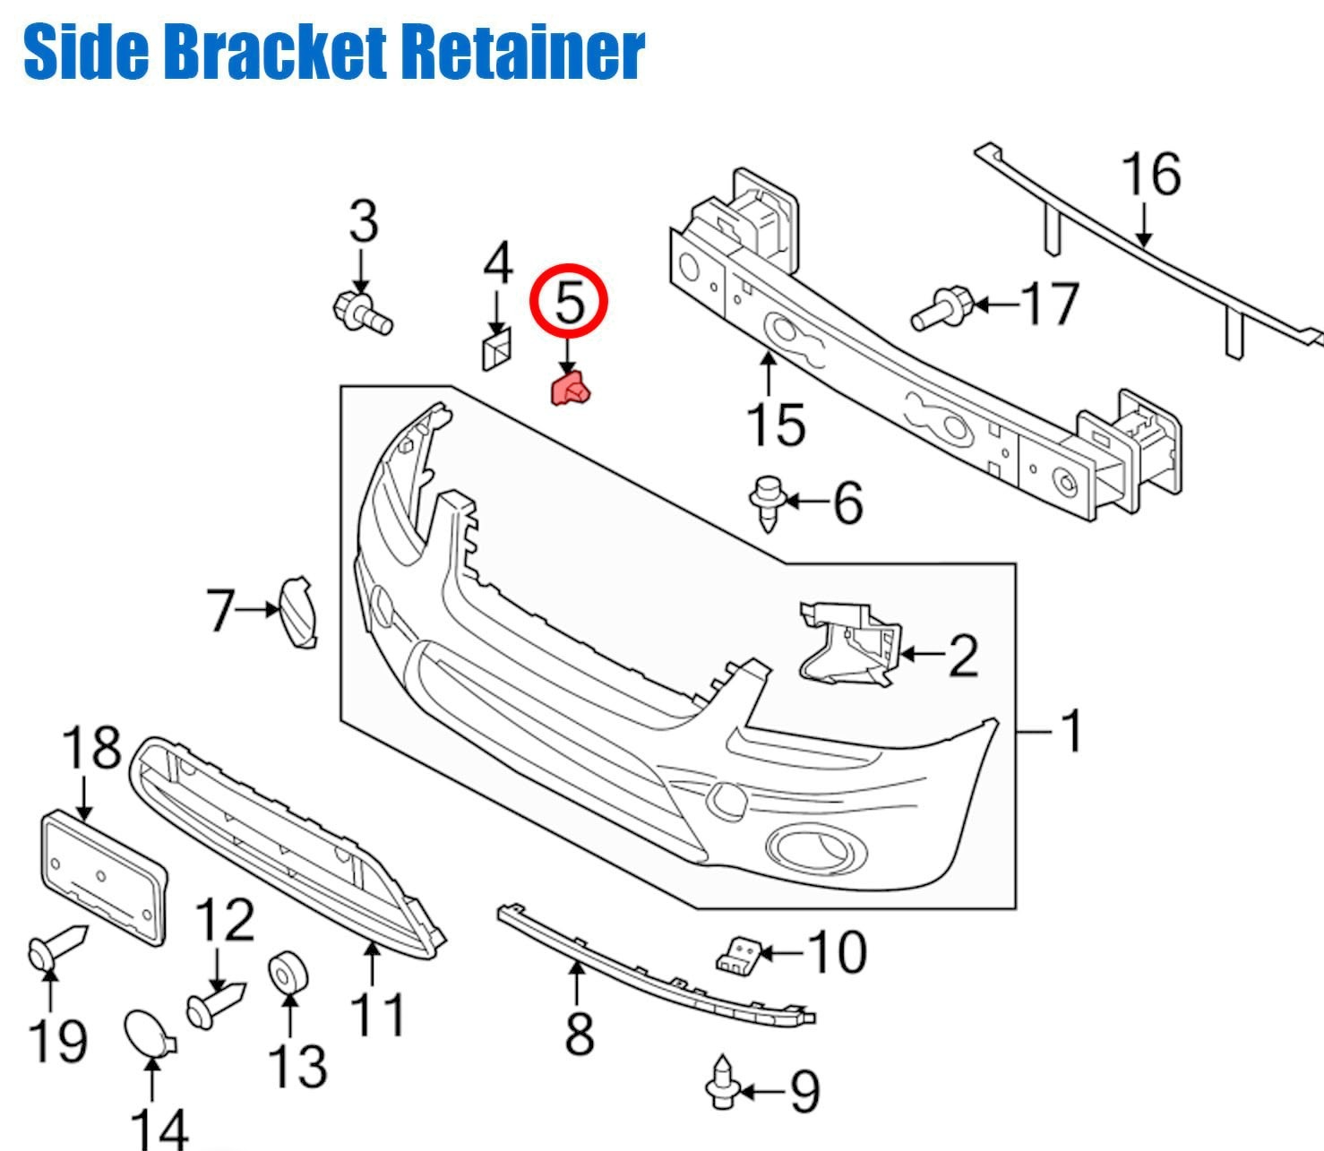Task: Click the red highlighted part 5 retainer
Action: coord(571,391)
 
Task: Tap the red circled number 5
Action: coord(569,302)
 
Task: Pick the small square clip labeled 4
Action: coord(495,348)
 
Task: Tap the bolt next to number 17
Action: coord(941,307)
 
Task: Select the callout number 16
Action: coord(1151,174)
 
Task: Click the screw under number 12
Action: coord(214,1004)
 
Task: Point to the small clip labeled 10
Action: coord(739,955)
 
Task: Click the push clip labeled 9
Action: coord(722,1083)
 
